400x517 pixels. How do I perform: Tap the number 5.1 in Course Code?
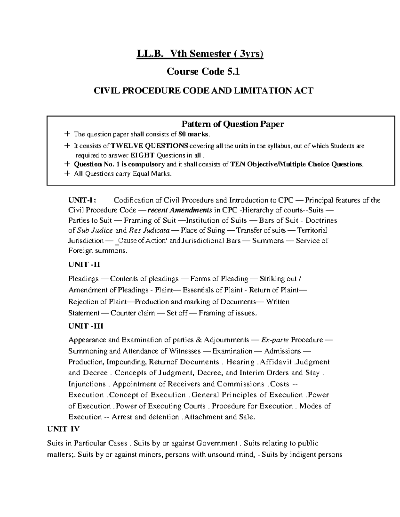[x=233, y=72]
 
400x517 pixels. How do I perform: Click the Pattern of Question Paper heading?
[x=232, y=124]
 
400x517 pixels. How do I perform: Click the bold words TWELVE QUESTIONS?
[x=149, y=146]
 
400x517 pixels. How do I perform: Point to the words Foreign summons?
[x=98, y=251]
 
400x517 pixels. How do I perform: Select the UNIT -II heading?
[x=84, y=265]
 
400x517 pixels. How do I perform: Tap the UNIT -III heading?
[x=86, y=326]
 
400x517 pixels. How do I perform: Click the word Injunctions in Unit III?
[x=87, y=384]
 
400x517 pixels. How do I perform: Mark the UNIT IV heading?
[x=63, y=429]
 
